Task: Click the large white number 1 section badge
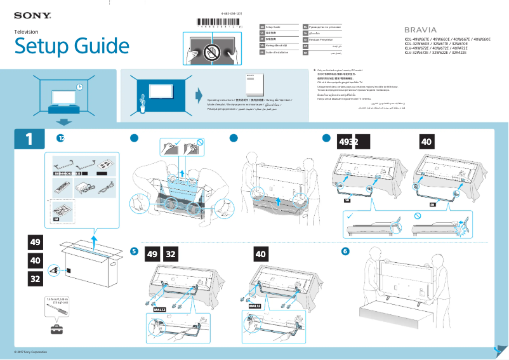point(29,139)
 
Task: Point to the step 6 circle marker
point(345,251)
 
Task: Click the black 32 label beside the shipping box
point(36,279)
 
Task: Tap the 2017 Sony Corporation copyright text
point(31,352)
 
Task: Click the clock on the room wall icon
point(79,87)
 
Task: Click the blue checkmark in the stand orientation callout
point(350,216)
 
